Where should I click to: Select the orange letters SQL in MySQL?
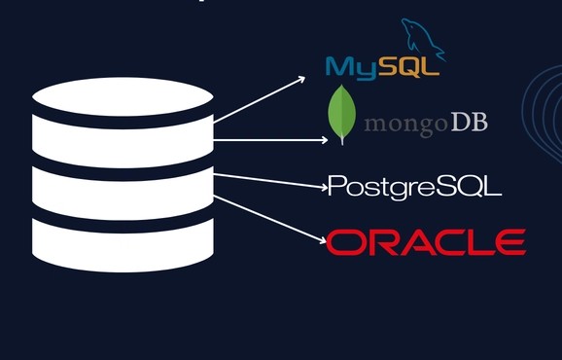[x=407, y=66]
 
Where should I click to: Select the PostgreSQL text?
[x=414, y=186]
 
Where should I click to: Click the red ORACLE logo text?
[x=426, y=241]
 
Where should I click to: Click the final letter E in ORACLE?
[x=509, y=241]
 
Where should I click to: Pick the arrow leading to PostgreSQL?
[x=268, y=180]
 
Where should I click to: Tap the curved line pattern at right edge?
[x=544, y=117]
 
